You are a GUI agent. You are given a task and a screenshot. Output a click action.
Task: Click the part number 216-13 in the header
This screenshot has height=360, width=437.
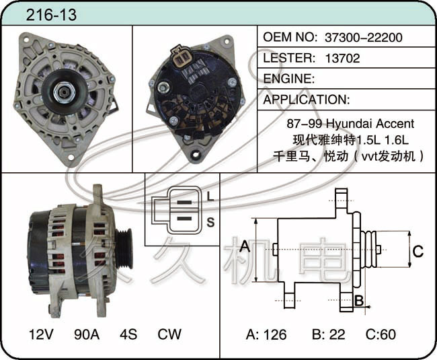51,15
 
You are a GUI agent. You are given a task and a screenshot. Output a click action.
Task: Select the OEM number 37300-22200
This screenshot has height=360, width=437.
364,38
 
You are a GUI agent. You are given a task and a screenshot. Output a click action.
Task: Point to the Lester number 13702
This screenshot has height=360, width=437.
342,58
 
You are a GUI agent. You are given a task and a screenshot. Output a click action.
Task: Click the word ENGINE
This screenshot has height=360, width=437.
288,79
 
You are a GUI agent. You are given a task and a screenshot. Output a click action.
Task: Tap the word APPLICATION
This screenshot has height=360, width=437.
307,100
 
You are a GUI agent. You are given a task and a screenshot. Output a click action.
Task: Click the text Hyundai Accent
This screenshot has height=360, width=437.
370,124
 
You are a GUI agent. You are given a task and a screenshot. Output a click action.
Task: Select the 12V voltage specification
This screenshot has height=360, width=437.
41,334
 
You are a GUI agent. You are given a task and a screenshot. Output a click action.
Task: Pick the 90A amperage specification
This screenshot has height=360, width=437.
87,334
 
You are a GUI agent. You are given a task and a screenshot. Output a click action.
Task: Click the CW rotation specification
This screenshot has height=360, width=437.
169,334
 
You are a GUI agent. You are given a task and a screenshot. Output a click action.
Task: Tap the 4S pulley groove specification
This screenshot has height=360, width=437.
128,334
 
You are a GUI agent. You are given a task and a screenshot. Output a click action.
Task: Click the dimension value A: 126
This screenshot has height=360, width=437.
266,334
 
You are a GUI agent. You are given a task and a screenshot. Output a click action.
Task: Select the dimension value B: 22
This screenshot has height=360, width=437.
329,334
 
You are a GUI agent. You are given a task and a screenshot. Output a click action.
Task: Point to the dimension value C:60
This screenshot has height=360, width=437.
381,334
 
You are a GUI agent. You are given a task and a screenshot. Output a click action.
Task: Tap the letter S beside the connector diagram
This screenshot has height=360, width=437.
210,222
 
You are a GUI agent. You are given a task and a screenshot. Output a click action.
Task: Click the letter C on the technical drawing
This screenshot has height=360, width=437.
418,251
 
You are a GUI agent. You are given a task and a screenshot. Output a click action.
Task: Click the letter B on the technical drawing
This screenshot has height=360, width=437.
359,301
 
